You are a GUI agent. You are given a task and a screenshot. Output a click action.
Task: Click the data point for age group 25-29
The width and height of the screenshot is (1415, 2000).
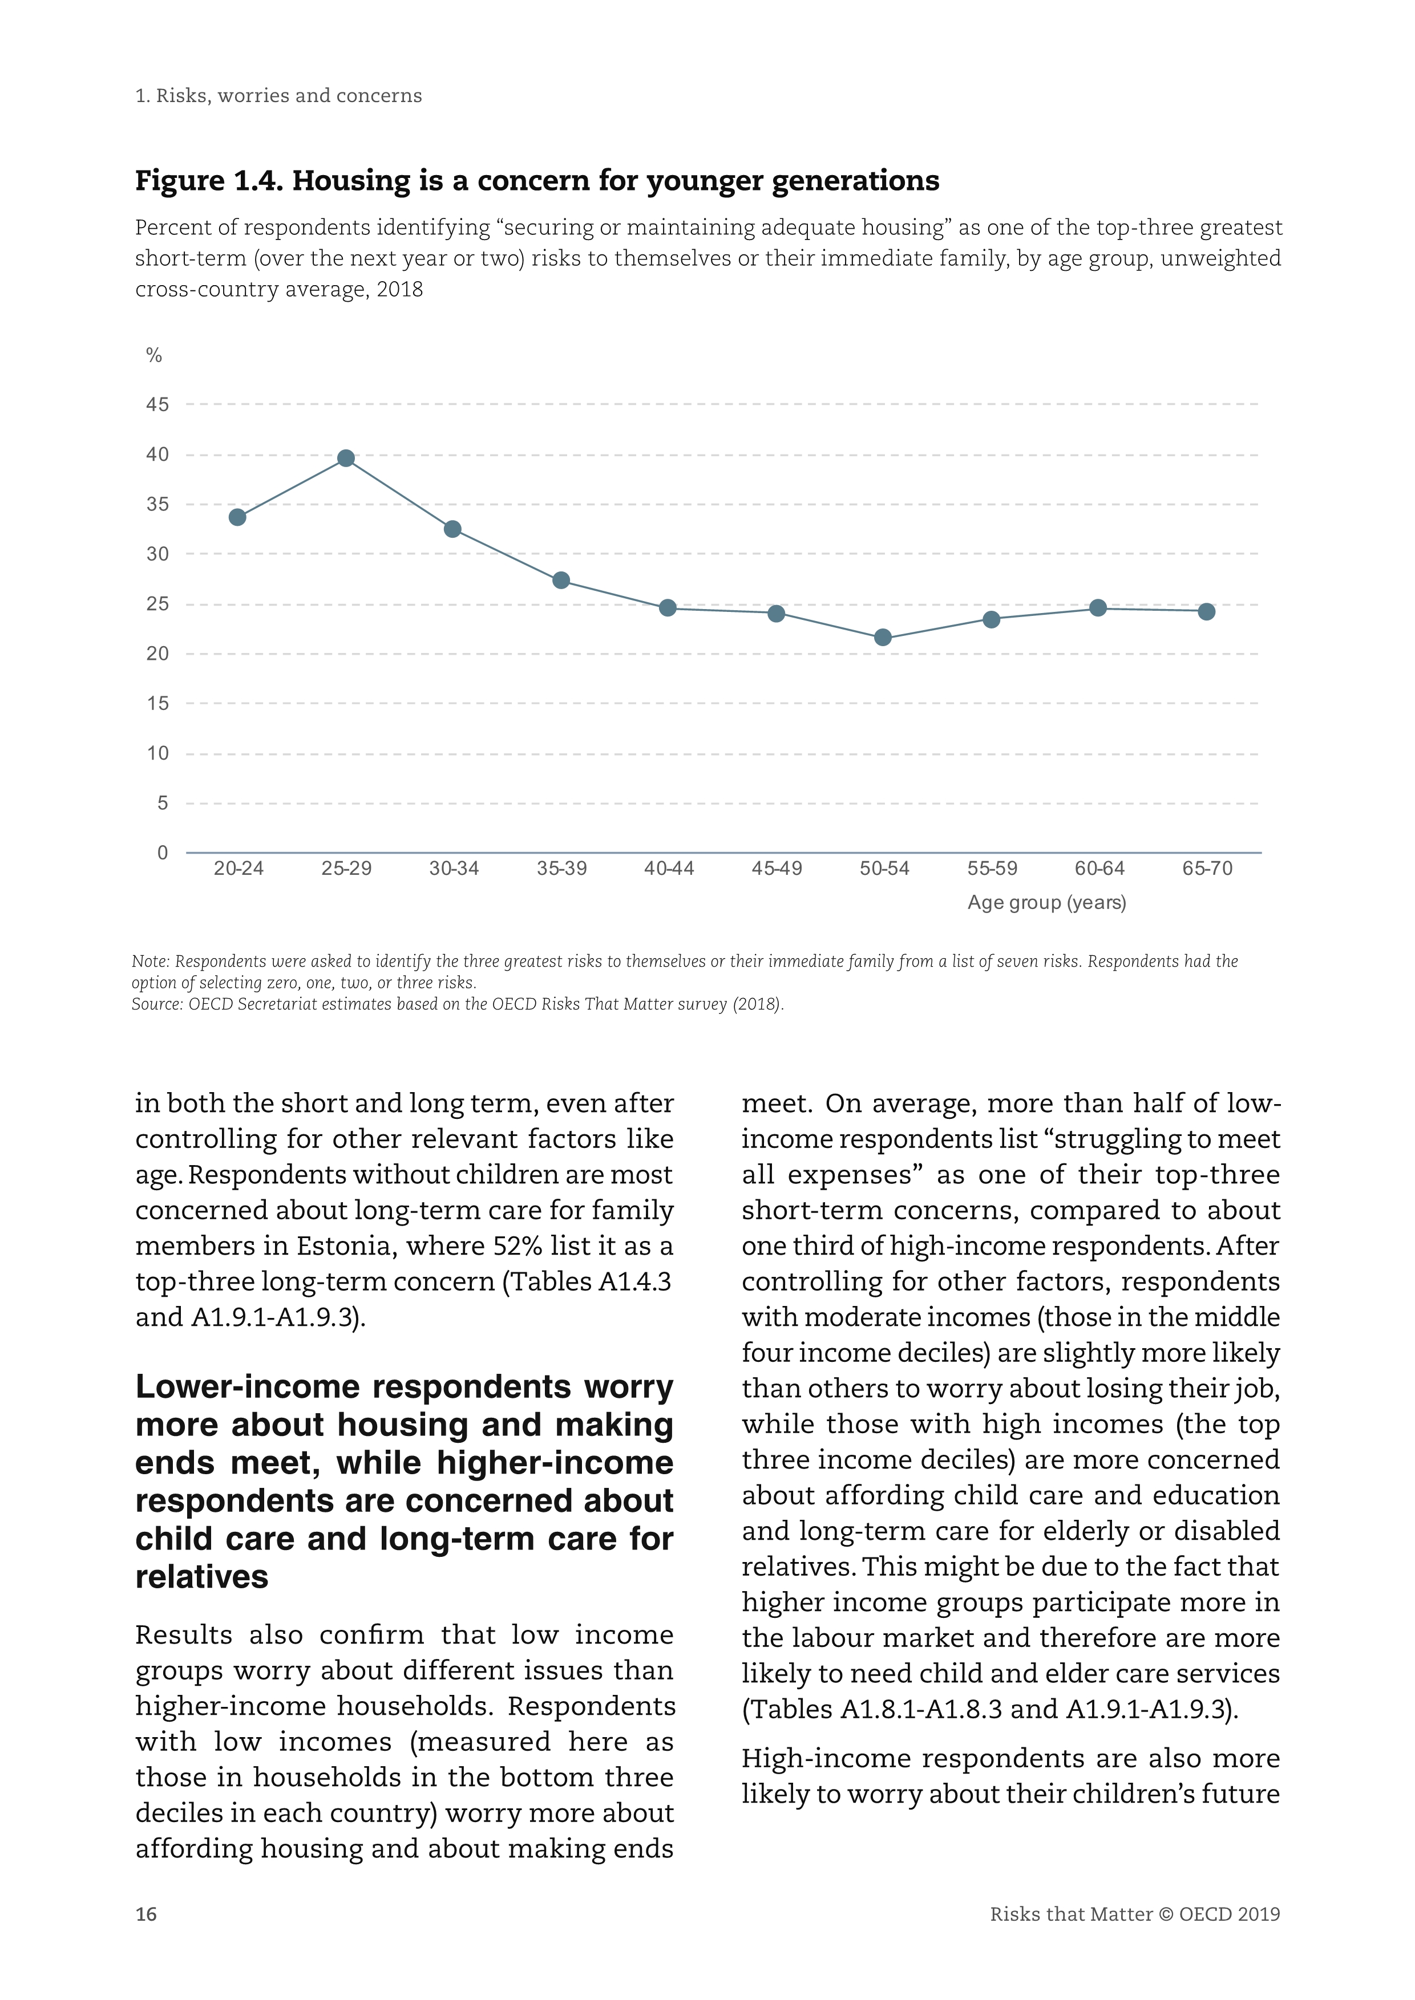point(346,458)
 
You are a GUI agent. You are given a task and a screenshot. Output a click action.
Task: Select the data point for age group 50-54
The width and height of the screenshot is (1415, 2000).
point(883,638)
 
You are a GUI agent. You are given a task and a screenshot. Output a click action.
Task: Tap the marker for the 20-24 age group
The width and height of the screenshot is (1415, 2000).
point(237,517)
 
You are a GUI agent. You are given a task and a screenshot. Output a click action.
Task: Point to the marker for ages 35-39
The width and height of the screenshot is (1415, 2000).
point(561,580)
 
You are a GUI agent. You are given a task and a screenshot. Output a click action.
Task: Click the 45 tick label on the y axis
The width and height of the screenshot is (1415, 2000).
point(157,405)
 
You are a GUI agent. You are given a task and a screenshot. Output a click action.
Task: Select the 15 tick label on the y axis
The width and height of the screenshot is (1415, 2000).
point(157,704)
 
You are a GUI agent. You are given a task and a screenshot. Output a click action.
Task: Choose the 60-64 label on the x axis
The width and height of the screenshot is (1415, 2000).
point(1099,869)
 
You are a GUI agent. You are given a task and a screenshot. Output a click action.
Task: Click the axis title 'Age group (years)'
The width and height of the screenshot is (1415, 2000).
point(1046,902)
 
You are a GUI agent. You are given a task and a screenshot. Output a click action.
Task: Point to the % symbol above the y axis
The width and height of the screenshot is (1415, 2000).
point(154,355)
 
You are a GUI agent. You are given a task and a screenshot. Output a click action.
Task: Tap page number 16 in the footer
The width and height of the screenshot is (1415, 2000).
point(147,1914)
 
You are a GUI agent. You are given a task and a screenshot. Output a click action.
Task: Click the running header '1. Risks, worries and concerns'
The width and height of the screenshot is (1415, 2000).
point(279,96)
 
